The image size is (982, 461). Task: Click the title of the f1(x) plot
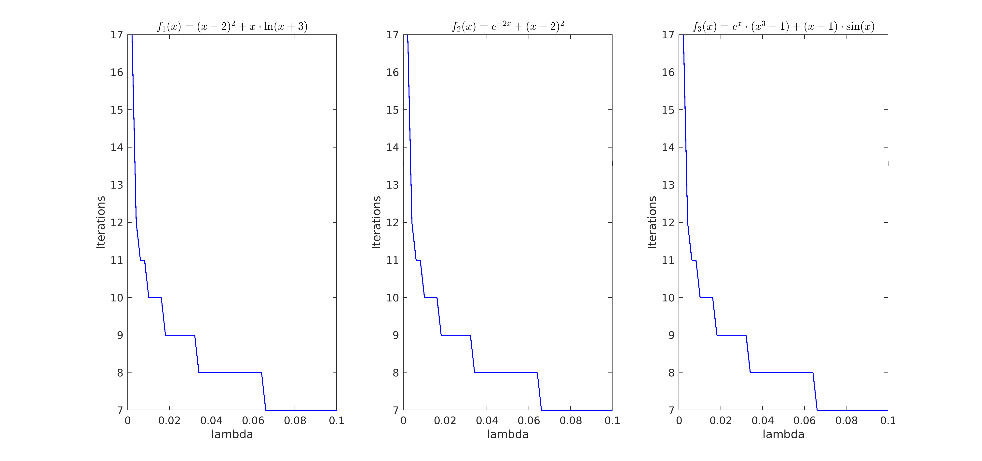[x=232, y=26]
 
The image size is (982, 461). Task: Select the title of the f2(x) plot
[x=508, y=26]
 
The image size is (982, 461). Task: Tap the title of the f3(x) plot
[x=783, y=26]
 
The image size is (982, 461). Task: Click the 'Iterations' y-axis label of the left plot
[x=101, y=223]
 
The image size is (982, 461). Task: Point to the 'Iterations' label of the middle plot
[x=376, y=223]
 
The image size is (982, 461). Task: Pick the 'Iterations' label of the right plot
[x=652, y=223]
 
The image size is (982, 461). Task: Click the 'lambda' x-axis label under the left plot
[x=232, y=434]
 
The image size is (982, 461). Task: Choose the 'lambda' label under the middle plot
[x=508, y=434]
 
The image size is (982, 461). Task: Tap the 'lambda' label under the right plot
[x=783, y=434]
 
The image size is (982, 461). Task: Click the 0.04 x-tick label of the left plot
[x=211, y=420]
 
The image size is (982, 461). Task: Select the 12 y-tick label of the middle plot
[x=393, y=223]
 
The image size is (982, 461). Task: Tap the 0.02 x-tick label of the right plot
[x=721, y=420]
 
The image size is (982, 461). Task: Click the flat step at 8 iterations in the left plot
[x=230, y=372]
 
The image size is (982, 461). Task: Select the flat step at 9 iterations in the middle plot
[x=456, y=335]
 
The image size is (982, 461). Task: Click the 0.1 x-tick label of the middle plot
[x=612, y=420]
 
